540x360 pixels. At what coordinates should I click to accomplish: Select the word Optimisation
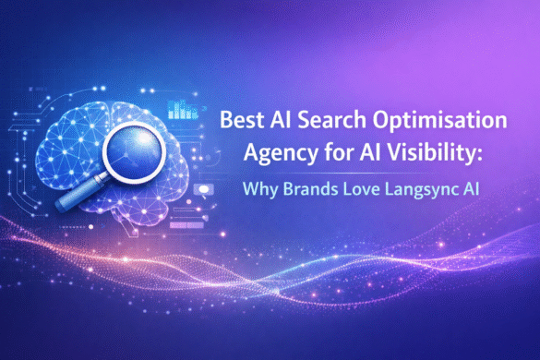(x=420, y=123)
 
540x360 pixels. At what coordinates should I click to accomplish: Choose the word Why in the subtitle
(x=261, y=197)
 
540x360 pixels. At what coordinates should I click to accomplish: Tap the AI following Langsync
(x=472, y=197)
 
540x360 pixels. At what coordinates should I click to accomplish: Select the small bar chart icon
(x=181, y=112)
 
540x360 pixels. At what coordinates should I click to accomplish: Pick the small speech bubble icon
(x=203, y=190)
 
